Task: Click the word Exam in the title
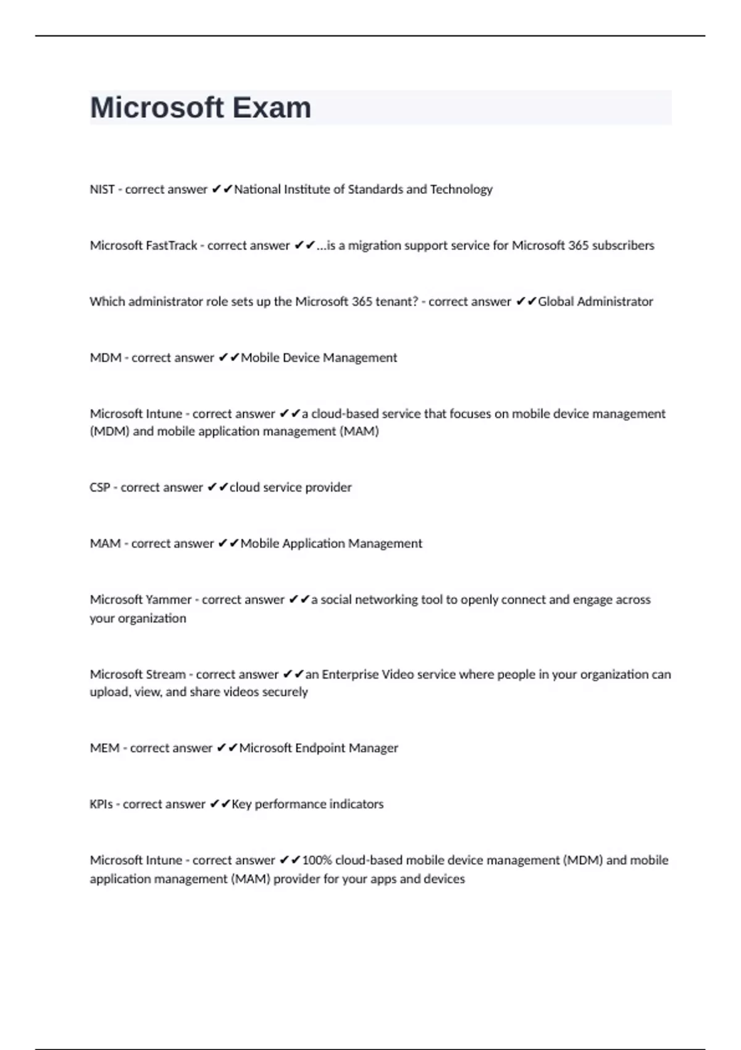[x=272, y=107]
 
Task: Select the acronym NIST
[x=102, y=189]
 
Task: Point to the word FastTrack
[x=171, y=245]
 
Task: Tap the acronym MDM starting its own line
[x=106, y=358]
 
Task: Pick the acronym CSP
[x=100, y=487]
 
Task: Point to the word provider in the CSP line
[x=328, y=487]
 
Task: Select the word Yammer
[x=167, y=600]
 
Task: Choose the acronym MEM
[x=104, y=748]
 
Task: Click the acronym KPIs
[x=101, y=804]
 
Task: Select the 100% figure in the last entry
[x=317, y=860]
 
